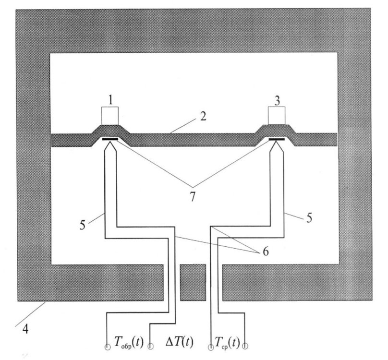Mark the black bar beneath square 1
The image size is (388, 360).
(x=110, y=140)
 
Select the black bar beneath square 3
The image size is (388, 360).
(x=277, y=140)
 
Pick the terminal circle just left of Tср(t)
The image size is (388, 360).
(x=211, y=346)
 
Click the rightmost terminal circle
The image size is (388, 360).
(x=245, y=346)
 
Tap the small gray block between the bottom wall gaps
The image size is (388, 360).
(x=193, y=283)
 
